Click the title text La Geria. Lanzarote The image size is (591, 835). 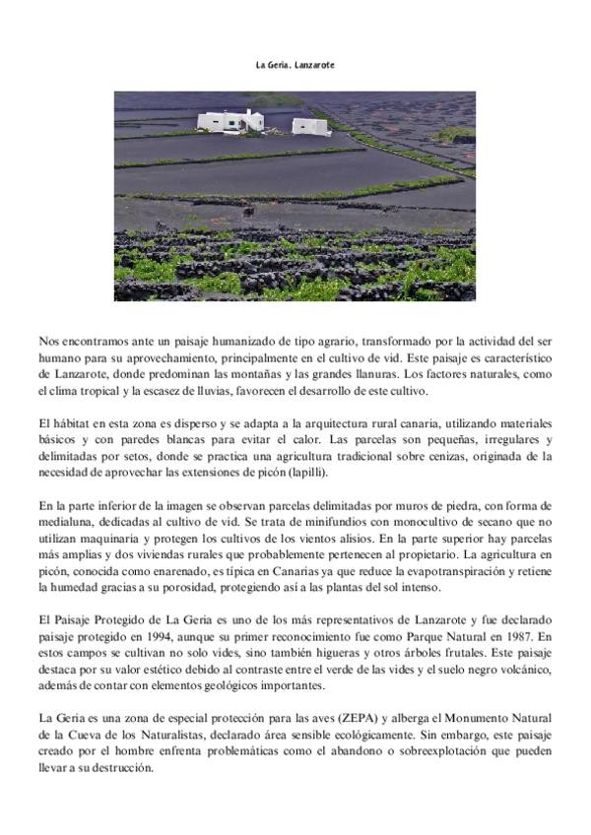click(x=295, y=65)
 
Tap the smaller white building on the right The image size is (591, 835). click(x=310, y=126)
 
